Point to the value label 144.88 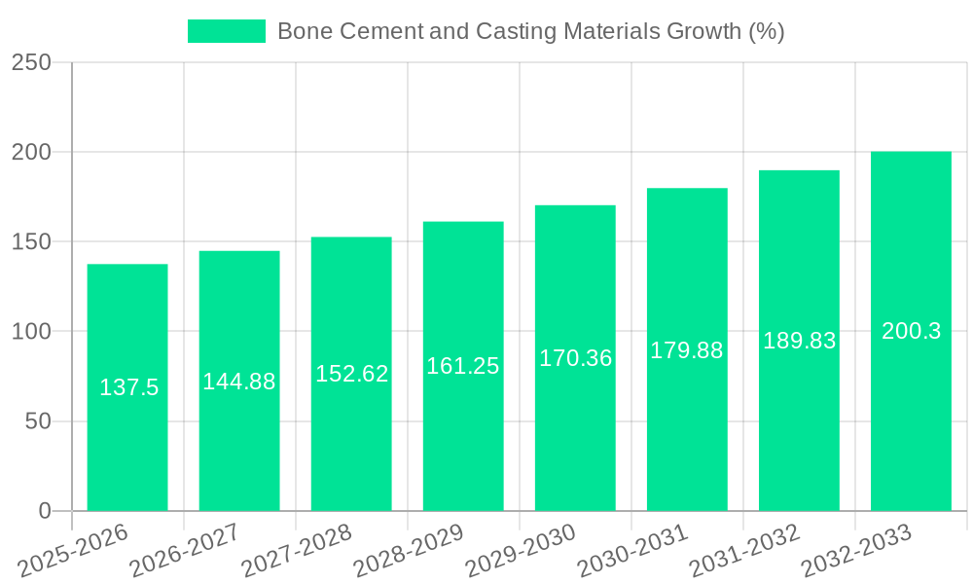click(239, 382)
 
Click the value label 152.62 click(351, 374)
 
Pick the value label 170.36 click(575, 358)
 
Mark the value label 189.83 click(799, 341)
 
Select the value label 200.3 click(911, 331)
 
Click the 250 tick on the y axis click(31, 62)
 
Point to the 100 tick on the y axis click(31, 332)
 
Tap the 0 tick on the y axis click(45, 511)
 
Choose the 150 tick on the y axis click(31, 241)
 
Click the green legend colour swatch click(226, 31)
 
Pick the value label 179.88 click(687, 350)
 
